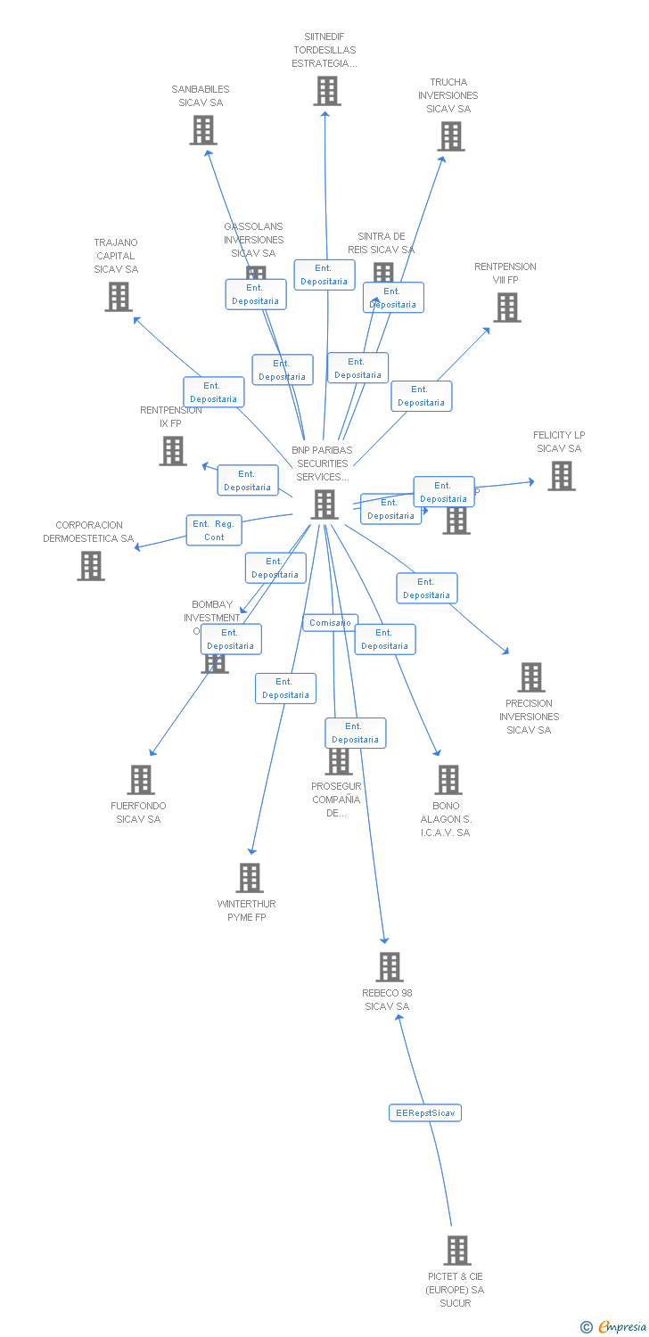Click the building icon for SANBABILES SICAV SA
(203, 130)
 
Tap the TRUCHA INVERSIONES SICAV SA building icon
(451, 136)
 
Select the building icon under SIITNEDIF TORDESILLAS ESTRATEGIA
(326, 91)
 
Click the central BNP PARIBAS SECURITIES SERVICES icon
(324, 504)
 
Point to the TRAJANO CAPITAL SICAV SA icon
(119, 297)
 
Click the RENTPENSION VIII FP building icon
(506, 308)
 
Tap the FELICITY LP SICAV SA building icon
(561, 476)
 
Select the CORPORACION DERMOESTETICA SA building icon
(90, 566)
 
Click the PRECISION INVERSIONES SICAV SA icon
(531, 677)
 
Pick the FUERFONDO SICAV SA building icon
(140, 780)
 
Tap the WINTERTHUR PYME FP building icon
(250, 878)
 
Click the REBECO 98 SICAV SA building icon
(389, 967)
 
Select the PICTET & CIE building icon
(456, 1251)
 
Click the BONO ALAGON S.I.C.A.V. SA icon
(448, 780)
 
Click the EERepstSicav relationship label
(425, 1113)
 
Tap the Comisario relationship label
(330, 623)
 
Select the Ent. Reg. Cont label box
(214, 530)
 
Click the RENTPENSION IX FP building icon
(172, 451)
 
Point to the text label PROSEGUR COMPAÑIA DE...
(336, 800)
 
